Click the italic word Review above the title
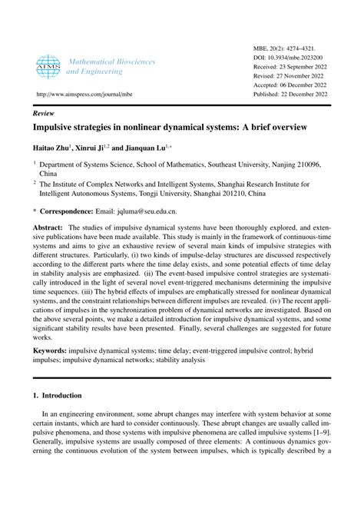click(x=43, y=111)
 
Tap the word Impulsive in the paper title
click(x=58, y=127)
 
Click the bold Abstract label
click(x=48, y=228)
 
